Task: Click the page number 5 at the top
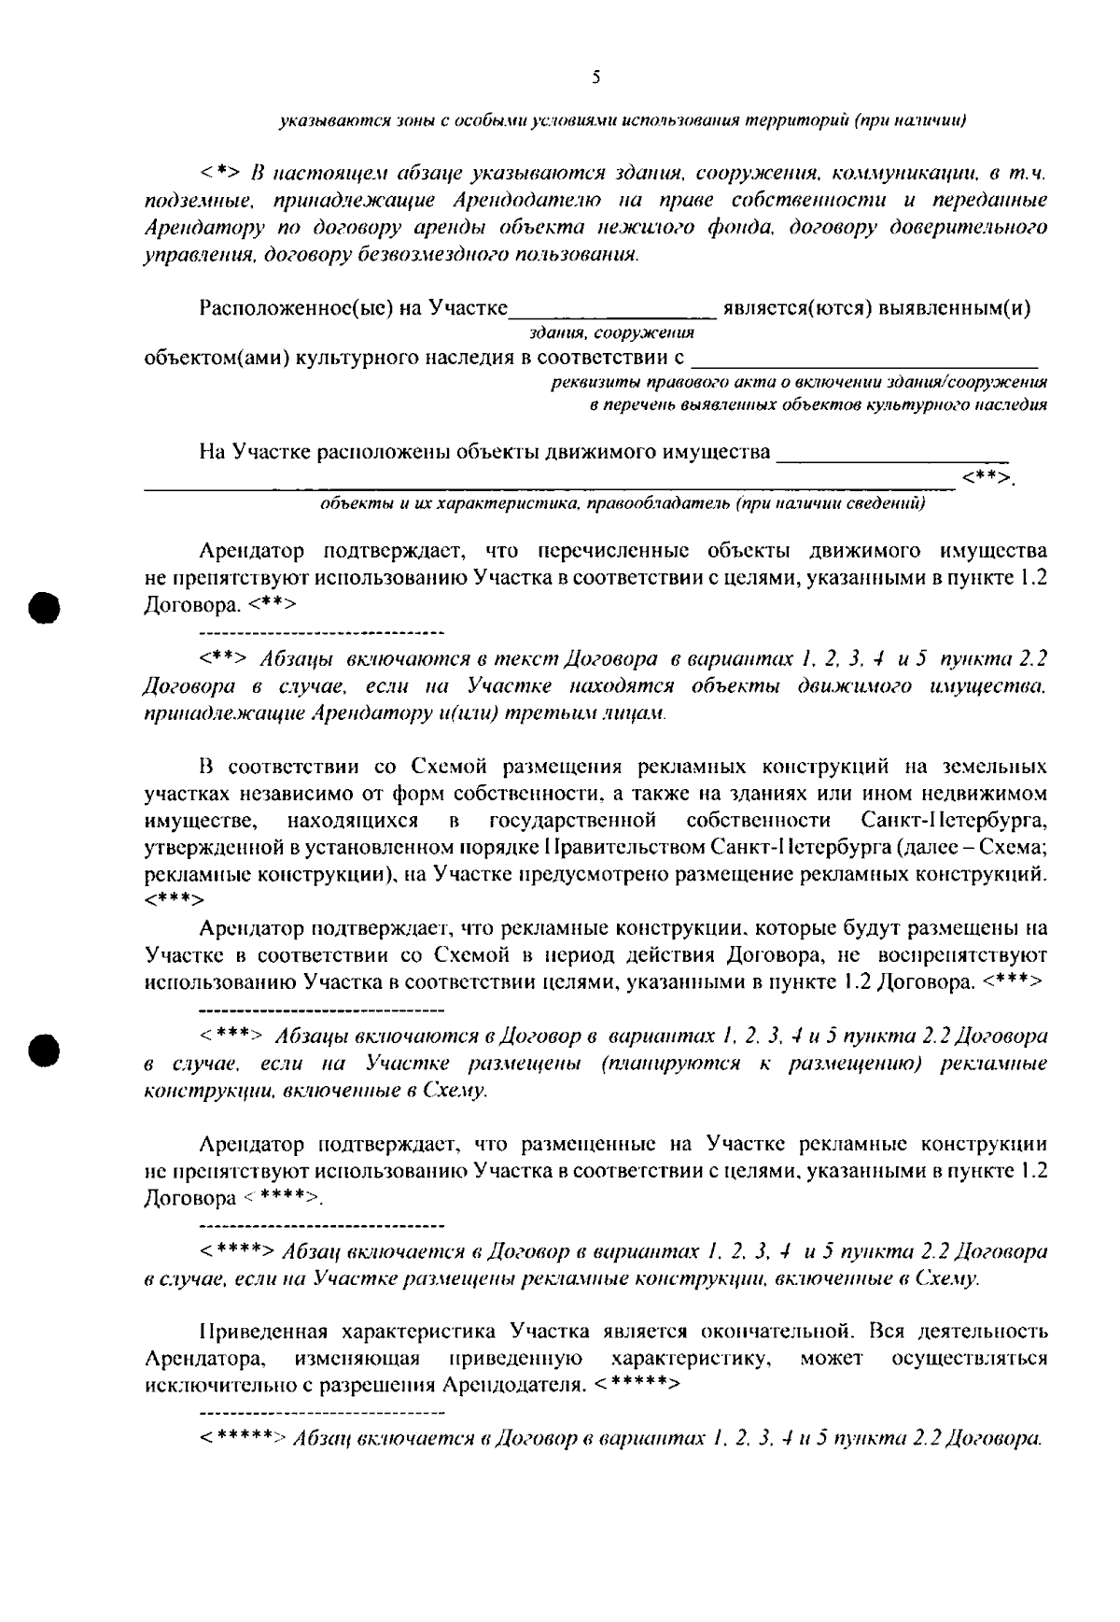click(x=595, y=78)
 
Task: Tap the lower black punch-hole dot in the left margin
click(x=45, y=1049)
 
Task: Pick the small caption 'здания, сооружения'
click(x=611, y=332)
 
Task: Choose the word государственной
click(x=571, y=822)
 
